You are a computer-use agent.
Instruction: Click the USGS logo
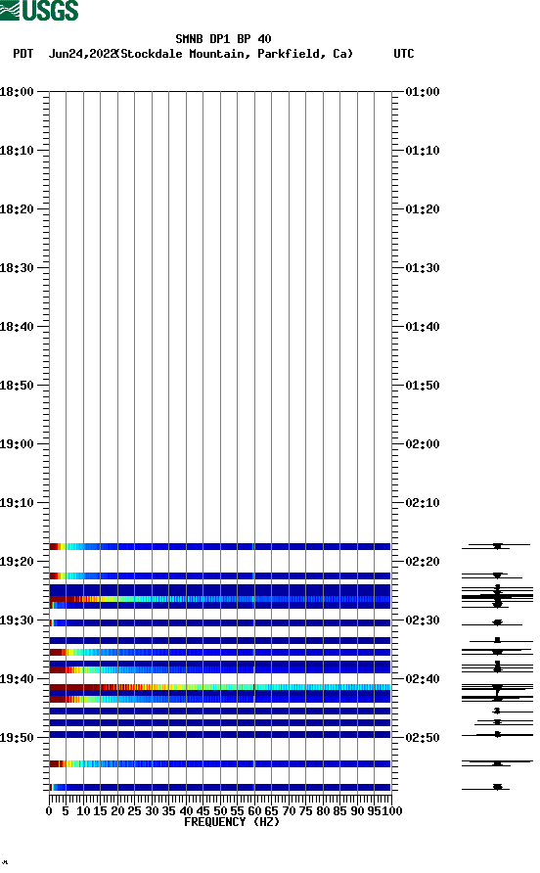[x=40, y=12]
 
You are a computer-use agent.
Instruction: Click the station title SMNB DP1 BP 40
[x=223, y=39]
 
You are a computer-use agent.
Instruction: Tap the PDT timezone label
[x=23, y=54]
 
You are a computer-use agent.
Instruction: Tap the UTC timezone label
[x=403, y=54]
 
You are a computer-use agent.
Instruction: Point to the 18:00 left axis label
[x=18, y=91]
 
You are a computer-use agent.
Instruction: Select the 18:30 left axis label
[x=18, y=267]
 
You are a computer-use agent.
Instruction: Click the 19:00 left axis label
[x=18, y=443]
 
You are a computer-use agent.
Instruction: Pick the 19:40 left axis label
[x=18, y=678]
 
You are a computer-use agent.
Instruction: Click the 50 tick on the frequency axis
[x=220, y=810]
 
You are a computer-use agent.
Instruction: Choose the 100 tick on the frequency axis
[x=392, y=810]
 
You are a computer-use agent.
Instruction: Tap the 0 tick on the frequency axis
[x=49, y=810]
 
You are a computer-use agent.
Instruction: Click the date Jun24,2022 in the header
[x=82, y=54]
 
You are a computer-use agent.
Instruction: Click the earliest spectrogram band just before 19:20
[x=219, y=546]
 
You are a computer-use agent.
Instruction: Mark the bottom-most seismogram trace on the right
[x=497, y=787]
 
